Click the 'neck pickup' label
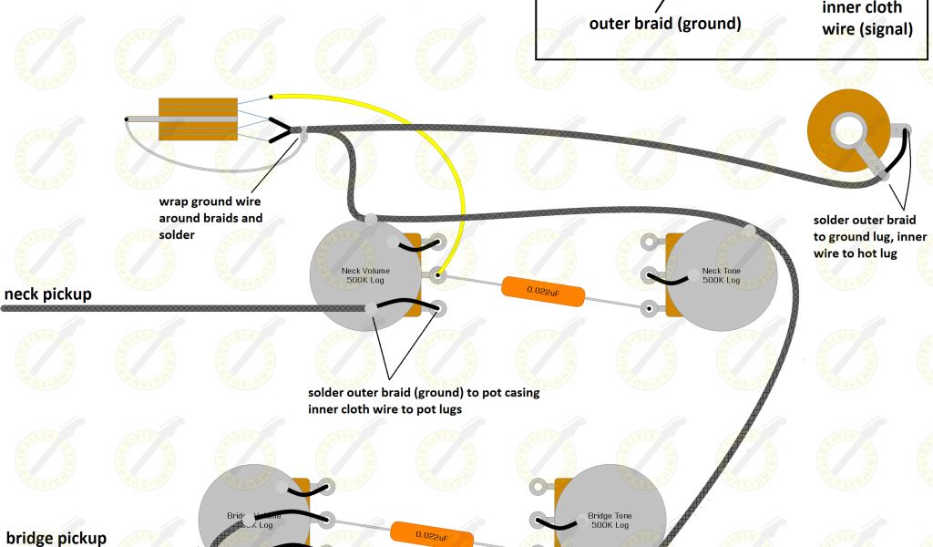click(x=47, y=294)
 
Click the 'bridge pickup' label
click(x=56, y=538)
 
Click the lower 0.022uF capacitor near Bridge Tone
click(x=431, y=534)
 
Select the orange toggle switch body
click(x=198, y=119)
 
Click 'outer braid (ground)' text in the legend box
click(x=665, y=24)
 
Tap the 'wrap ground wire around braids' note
click(x=210, y=218)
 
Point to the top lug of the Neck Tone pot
click(x=649, y=243)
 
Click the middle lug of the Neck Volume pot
click(x=438, y=273)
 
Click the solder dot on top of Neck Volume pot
click(x=371, y=219)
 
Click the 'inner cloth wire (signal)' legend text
click(x=866, y=18)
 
